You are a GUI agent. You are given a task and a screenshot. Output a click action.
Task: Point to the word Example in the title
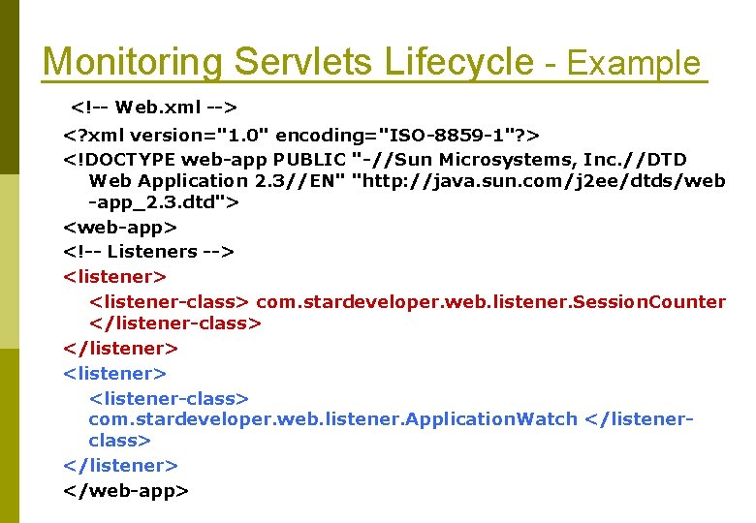click(634, 64)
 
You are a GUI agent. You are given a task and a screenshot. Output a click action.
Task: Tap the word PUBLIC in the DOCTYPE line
click(310, 159)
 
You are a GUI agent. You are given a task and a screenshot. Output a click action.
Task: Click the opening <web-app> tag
click(120, 228)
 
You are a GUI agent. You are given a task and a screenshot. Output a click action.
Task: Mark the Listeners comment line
click(148, 252)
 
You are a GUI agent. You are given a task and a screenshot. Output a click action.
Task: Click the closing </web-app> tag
click(125, 491)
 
